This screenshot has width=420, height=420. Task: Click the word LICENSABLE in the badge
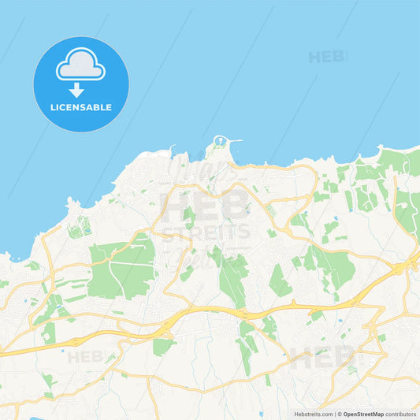point(81,106)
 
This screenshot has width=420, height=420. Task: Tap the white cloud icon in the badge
point(80,66)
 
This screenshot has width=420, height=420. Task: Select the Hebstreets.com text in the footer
point(313,413)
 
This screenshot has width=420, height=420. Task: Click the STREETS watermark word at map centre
point(206,232)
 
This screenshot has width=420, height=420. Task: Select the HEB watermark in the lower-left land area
point(85,357)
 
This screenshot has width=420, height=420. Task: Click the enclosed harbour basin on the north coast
point(221,143)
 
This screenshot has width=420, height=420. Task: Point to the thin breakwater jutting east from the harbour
point(234,143)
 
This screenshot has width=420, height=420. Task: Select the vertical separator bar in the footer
point(335,413)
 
